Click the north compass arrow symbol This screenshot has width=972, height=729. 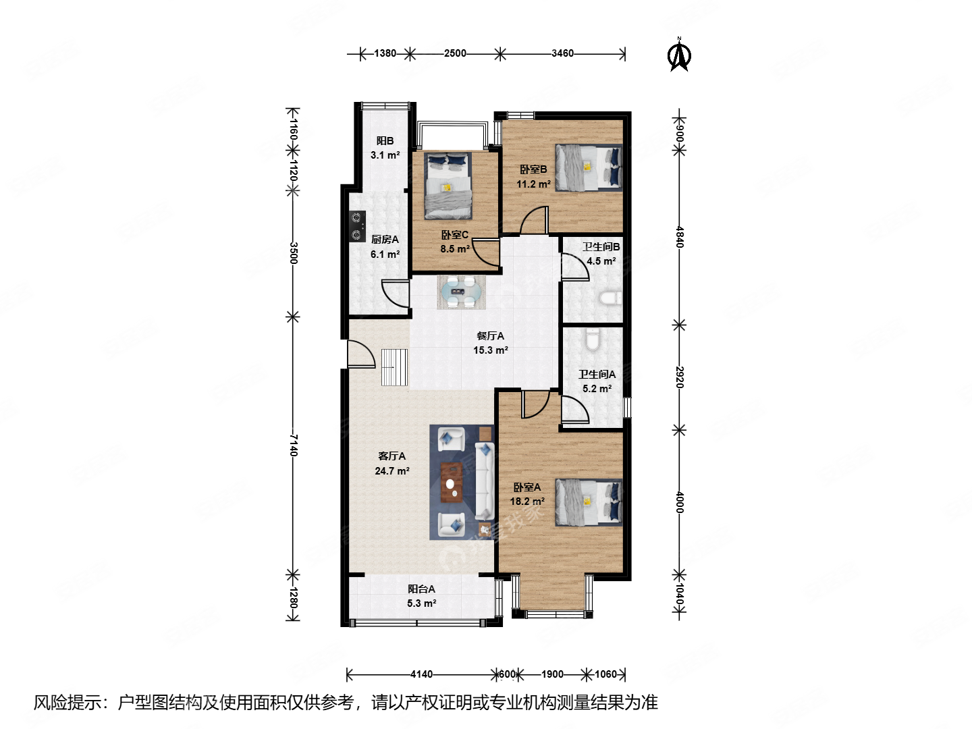point(679,55)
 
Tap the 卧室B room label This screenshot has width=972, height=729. point(533,169)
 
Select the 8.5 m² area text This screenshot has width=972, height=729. point(455,249)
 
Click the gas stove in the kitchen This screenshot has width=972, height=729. point(357,227)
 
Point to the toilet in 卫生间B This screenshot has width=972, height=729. point(611,298)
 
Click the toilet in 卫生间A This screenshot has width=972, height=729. point(592,340)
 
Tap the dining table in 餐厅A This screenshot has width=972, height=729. point(461,292)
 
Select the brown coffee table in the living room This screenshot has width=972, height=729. point(452,482)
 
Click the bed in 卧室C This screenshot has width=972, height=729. point(448,186)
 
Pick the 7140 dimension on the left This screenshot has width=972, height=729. point(294,446)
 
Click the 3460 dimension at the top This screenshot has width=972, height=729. point(562,53)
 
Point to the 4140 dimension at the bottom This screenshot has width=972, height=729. point(421,674)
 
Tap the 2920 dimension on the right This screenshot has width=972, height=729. point(680,377)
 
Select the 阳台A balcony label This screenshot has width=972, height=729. point(421,589)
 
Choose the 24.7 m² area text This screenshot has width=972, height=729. point(392,471)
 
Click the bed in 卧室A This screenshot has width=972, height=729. point(589,502)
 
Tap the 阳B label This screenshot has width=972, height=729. point(385,141)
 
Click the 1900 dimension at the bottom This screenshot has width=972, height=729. point(552,674)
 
